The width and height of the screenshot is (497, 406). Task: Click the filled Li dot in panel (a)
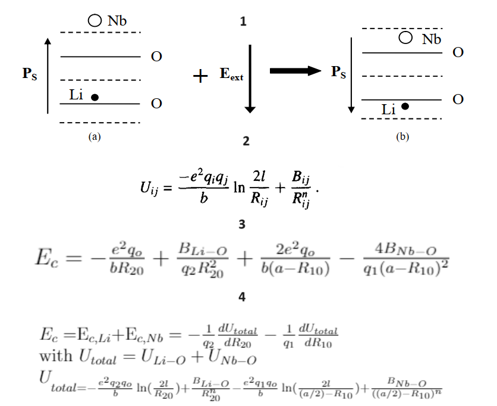coord(95,96)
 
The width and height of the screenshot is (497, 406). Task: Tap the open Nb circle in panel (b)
coord(406,38)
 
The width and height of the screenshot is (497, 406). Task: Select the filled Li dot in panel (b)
coord(405,107)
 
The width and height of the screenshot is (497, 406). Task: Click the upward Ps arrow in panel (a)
coord(49,74)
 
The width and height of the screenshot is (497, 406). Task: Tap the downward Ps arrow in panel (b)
coord(351,74)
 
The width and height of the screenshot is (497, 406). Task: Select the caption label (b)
coord(402,136)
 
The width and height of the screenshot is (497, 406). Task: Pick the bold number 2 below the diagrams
coord(246,142)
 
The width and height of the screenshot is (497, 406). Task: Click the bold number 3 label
coord(242,225)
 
